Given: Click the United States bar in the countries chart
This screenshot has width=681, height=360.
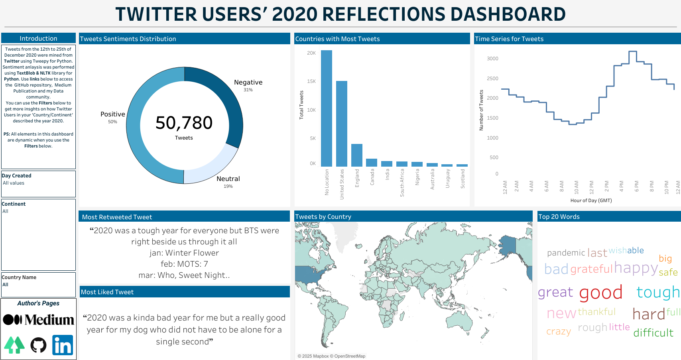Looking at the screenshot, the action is pyautogui.click(x=341, y=124).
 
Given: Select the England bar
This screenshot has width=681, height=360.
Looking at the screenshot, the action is pyautogui.click(x=356, y=155).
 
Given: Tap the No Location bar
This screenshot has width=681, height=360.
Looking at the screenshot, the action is pyautogui.click(x=327, y=108).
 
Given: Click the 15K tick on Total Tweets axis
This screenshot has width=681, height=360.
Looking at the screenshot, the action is pyautogui.click(x=311, y=81).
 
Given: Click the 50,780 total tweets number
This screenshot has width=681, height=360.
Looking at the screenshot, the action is pyautogui.click(x=184, y=122).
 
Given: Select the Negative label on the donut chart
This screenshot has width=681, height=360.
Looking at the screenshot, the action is pyautogui.click(x=248, y=82).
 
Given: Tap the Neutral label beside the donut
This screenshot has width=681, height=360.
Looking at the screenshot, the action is pyautogui.click(x=228, y=179).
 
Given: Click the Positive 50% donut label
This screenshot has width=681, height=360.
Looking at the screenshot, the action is pyautogui.click(x=112, y=117).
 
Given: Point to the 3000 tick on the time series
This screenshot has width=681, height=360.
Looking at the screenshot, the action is pyautogui.click(x=492, y=58).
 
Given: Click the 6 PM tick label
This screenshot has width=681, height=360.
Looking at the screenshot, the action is pyautogui.click(x=636, y=186).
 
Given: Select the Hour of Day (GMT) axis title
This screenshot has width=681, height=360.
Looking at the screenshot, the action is pyautogui.click(x=591, y=201).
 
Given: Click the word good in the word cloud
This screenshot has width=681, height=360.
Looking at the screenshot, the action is pyautogui.click(x=601, y=293).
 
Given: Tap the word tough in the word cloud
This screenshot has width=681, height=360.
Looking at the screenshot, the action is pyautogui.click(x=658, y=292).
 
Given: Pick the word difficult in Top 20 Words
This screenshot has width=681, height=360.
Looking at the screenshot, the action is pyautogui.click(x=653, y=332).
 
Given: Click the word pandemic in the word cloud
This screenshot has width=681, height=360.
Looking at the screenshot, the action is pyautogui.click(x=566, y=253).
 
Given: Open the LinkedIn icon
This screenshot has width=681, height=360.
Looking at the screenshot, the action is pyautogui.click(x=63, y=345).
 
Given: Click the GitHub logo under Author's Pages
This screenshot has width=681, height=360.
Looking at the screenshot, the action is pyautogui.click(x=38, y=345).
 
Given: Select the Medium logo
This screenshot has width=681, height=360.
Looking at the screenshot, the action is pyautogui.click(x=38, y=320).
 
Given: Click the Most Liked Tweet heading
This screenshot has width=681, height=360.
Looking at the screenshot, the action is pyautogui.click(x=107, y=292).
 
